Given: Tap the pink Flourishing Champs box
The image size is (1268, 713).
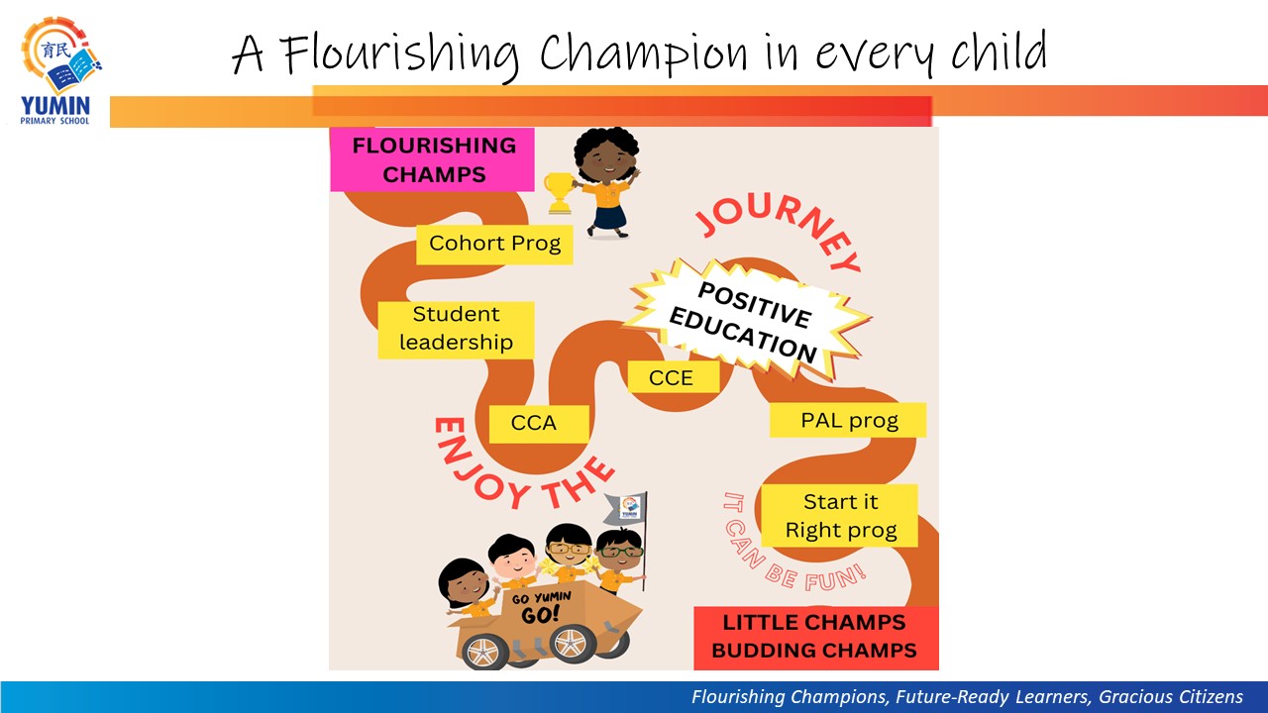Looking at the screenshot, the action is (432, 159).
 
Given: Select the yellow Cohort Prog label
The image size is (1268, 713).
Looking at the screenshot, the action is (494, 244).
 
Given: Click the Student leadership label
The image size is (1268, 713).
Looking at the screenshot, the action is (456, 330).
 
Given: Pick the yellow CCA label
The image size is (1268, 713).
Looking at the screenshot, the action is (538, 424).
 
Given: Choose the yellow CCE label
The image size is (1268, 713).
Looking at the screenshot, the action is (673, 377).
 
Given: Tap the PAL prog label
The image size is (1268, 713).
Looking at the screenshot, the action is (847, 420).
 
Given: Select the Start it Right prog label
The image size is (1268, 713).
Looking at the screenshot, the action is (839, 516).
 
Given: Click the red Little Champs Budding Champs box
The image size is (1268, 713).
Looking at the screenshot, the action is (815, 638).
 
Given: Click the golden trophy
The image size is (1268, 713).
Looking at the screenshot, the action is (560, 193).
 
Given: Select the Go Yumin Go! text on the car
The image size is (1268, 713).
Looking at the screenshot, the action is (541, 607).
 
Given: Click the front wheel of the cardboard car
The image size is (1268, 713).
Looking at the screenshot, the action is (484, 652).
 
